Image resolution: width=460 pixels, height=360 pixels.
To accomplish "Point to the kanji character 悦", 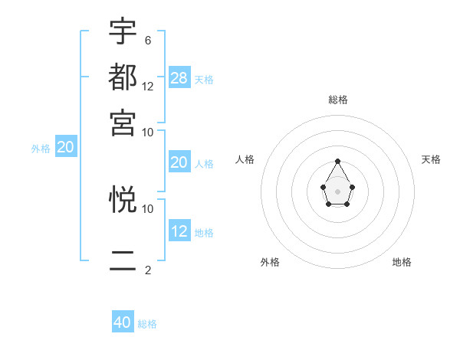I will click(x=123, y=200).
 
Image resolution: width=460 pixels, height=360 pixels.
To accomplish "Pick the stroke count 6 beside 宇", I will click(x=147, y=41).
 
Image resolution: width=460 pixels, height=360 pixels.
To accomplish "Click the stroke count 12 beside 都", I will click(x=148, y=87).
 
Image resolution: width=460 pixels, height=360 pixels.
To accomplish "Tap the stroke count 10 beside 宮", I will click(x=148, y=132).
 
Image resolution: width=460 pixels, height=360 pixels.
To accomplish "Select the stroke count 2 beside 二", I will click(x=147, y=270).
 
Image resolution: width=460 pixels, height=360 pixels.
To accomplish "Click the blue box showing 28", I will click(x=179, y=77).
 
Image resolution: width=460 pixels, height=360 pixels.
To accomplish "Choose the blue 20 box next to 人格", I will click(x=179, y=162).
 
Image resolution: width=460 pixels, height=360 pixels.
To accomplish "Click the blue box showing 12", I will click(x=179, y=231).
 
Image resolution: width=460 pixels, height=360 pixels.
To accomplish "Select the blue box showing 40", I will click(x=123, y=322).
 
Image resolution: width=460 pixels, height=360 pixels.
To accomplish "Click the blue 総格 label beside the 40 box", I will click(x=147, y=324).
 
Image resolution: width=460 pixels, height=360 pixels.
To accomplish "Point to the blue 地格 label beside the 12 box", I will click(x=204, y=232).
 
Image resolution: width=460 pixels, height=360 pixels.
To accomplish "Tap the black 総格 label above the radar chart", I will click(x=338, y=100).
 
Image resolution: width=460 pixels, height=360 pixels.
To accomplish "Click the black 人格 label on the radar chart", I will click(x=245, y=159).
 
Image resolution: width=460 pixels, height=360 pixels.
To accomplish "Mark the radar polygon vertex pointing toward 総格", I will click(x=337, y=162).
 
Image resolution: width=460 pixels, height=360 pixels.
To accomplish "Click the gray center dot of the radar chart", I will click(x=337, y=191).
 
